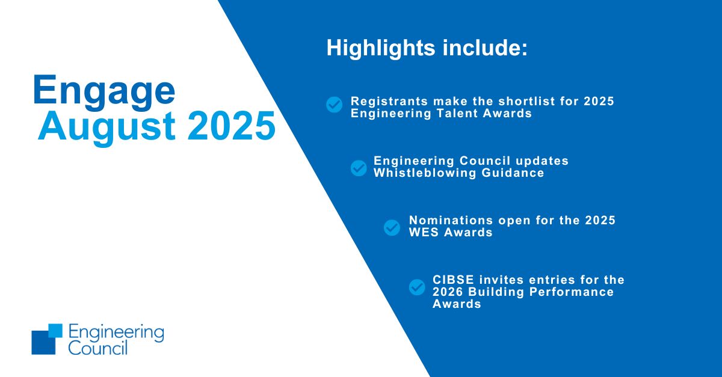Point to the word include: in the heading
coord(484,48)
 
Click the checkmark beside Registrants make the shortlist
coord(334,105)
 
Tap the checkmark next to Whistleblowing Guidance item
coord(359,168)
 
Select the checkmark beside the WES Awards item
coord(392,227)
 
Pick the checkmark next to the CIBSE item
coord(417,287)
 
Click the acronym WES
coord(424,232)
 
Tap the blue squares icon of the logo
coord(47,339)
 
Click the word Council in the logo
coord(98,348)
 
